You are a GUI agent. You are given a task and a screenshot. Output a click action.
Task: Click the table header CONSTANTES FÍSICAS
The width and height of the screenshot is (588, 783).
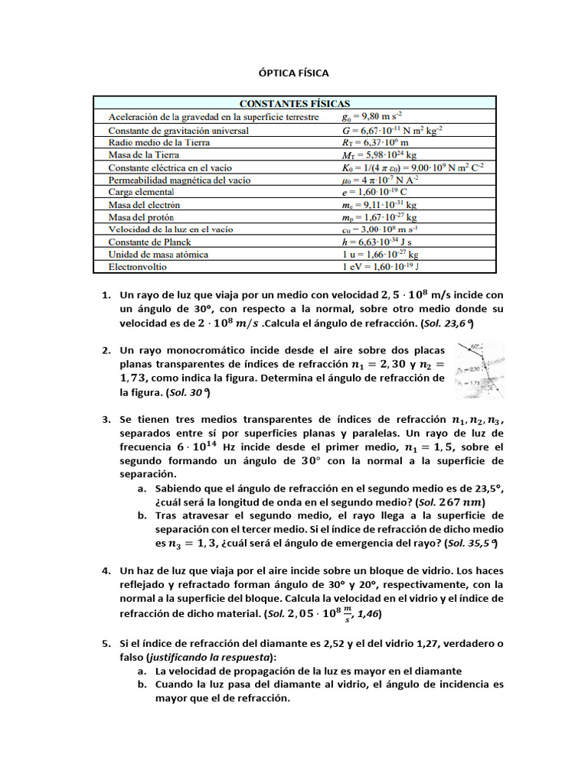pyautogui.click(x=295, y=103)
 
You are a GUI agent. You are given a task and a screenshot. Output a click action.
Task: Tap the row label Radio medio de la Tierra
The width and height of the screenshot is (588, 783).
pyautogui.click(x=158, y=142)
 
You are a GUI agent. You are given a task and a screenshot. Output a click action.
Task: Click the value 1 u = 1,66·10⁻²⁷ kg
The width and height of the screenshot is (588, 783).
pyautogui.click(x=381, y=254)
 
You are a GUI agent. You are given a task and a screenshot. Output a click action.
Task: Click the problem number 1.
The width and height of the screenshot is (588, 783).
pyautogui.click(x=106, y=295)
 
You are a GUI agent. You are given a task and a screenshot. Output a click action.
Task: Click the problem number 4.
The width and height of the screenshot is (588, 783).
pyautogui.click(x=106, y=571)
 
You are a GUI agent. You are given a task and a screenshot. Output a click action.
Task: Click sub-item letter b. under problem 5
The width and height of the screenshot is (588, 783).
pyautogui.click(x=142, y=685)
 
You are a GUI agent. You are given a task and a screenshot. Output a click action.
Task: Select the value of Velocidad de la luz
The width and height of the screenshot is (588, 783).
pyautogui.click(x=381, y=229)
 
